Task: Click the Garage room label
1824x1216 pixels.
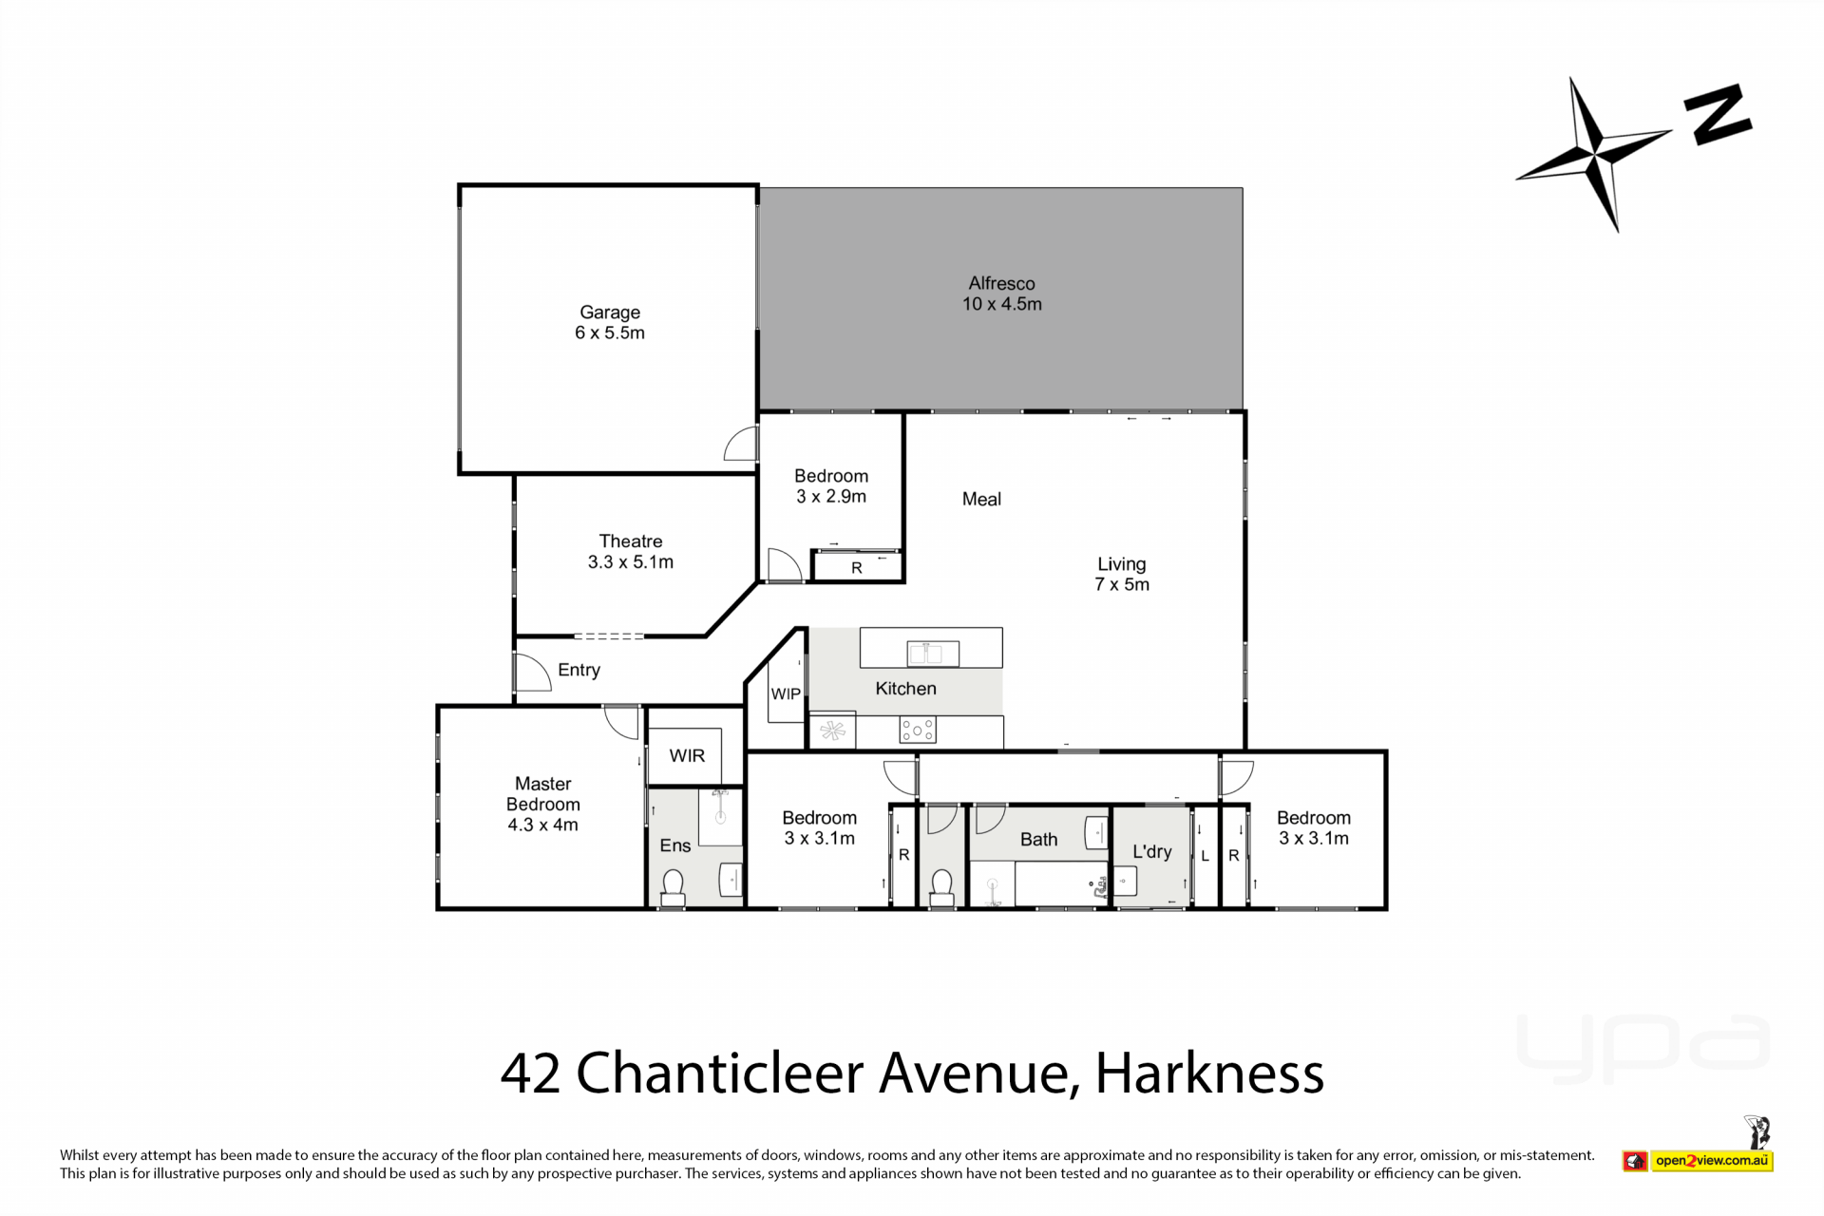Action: pyautogui.click(x=610, y=312)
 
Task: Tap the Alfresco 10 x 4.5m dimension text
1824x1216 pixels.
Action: pyautogui.click(x=1002, y=304)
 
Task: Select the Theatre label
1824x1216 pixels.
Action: pyautogui.click(x=631, y=541)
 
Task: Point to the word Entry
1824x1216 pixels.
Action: pyautogui.click(x=579, y=670)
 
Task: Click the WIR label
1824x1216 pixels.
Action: pyautogui.click(x=687, y=755)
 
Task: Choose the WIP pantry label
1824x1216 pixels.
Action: pyautogui.click(x=786, y=693)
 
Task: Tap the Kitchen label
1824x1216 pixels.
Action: pyautogui.click(x=905, y=689)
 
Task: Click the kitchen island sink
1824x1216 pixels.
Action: pyautogui.click(x=933, y=653)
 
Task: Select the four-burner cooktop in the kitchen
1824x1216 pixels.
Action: pyautogui.click(x=917, y=730)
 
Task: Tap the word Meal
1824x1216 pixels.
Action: pyautogui.click(x=981, y=499)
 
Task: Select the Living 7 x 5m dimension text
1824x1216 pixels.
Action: pyautogui.click(x=1122, y=584)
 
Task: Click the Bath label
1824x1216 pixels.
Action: pyautogui.click(x=1038, y=840)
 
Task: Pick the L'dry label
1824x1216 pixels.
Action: pyautogui.click(x=1152, y=852)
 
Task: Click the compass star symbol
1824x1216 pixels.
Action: pyautogui.click(x=1595, y=153)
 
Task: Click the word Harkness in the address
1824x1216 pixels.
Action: pyautogui.click(x=1209, y=1073)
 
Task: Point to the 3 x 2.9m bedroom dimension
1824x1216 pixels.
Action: pyautogui.click(x=831, y=496)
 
